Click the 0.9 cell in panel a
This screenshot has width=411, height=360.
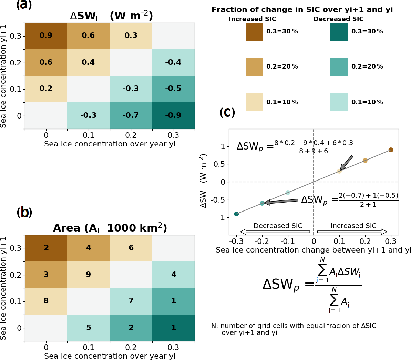tap(46, 36)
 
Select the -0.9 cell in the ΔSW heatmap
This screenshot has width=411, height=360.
tap(173, 115)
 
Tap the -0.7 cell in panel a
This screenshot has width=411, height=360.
tap(131, 115)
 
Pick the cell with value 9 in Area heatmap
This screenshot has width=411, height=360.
tap(89, 275)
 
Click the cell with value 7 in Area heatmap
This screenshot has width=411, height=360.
tap(131, 301)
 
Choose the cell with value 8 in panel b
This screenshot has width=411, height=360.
tap(46, 301)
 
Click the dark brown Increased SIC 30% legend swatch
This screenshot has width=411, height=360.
tap(254, 32)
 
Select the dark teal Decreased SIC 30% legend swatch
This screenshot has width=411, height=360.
tap(339, 32)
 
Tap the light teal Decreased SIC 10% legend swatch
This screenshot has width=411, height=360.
tap(339, 102)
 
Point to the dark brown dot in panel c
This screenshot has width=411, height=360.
tap(391, 150)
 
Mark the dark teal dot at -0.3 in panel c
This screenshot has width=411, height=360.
tap(236, 214)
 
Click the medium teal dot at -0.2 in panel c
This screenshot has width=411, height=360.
tap(262, 203)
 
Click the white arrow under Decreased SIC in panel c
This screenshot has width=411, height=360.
tap(275, 232)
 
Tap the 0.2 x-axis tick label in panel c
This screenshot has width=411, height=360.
tap(365, 241)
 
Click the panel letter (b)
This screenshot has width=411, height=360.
tap(24, 212)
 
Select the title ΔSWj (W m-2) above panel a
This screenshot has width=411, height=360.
tap(111, 16)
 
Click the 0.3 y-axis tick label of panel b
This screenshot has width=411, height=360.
tap(16, 248)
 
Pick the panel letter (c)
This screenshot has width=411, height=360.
tap(227, 112)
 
